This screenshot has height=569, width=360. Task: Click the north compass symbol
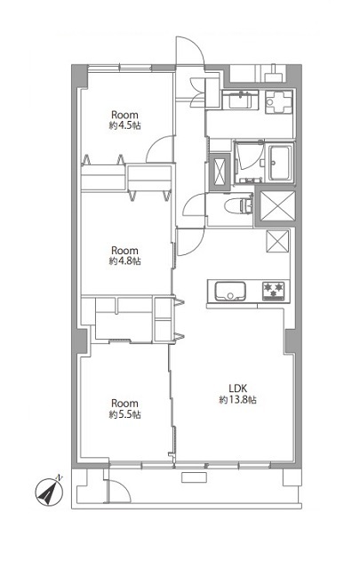pyautogui.click(x=49, y=492)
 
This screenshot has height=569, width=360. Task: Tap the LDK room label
pyautogui.click(x=237, y=388)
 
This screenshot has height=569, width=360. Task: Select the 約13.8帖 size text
pyautogui.click(x=237, y=400)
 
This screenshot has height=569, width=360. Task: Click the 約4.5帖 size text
pyautogui.click(x=124, y=126)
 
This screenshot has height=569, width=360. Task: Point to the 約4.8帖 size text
pyautogui.click(x=124, y=260)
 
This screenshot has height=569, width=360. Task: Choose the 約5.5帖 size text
pyautogui.click(x=124, y=414)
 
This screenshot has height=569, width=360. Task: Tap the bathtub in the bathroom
pyautogui.click(x=280, y=162)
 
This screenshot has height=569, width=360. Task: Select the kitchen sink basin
pyautogui.click(x=230, y=291)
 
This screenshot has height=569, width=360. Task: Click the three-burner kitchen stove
pyautogui.click(x=274, y=291)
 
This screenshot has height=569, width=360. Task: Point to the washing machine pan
pyautogui.click(x=279, y=101)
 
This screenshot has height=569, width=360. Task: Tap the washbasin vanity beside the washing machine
pyautogui.click(x=240, y=100)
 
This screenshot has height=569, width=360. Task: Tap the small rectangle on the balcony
pyautogui.click(x=194, y=477)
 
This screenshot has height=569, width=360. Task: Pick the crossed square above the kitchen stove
pyautogui.click(x=277, y=241)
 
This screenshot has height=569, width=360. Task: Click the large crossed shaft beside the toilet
pyautogui.click(x=277, y=205)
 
